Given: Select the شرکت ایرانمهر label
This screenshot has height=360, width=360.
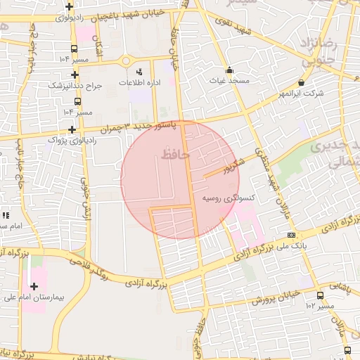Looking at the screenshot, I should tap(301, 93).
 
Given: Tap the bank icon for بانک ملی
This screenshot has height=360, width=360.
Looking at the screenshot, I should tap(291, 236).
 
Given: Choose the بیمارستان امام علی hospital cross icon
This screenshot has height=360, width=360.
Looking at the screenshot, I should tap(34, 286).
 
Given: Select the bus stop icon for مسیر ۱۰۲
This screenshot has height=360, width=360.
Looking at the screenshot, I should tap(321, 295).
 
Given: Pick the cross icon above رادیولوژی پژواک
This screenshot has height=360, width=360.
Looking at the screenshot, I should tap(72, 129).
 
